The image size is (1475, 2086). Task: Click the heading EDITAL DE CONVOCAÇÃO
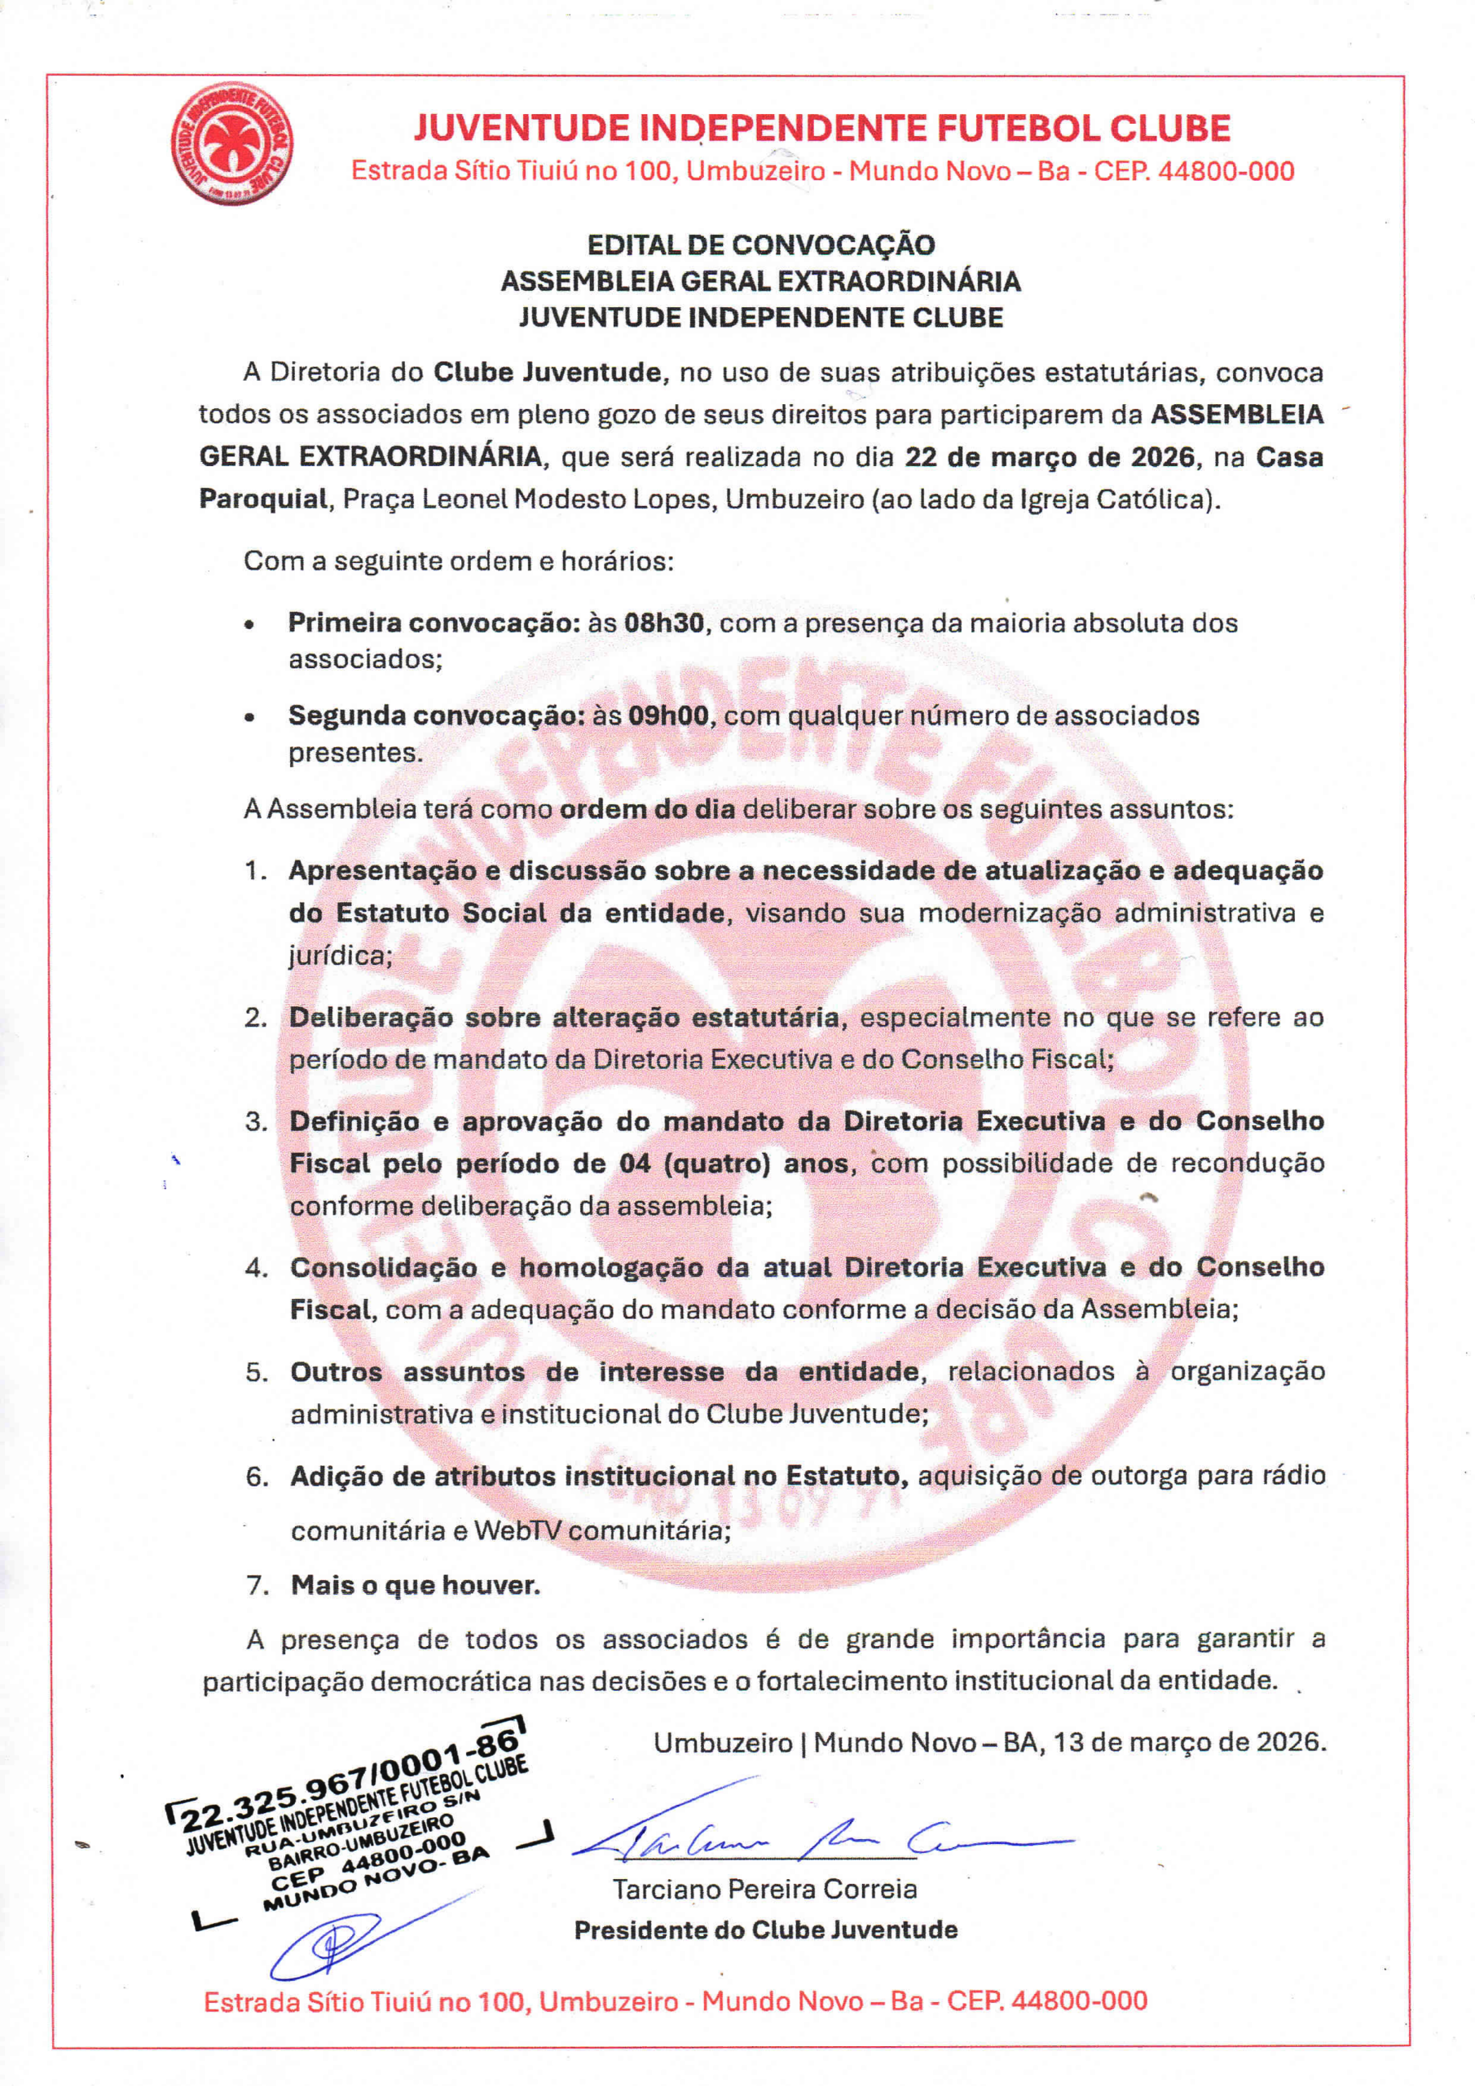(760, 245)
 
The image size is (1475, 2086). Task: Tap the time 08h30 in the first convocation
(663, 623)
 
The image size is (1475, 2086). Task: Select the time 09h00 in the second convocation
(668, 716)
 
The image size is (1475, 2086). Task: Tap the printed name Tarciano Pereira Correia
(764, 1890)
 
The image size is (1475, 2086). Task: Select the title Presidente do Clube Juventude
(765, 1930)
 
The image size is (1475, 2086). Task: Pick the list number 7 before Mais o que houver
(258, 1586)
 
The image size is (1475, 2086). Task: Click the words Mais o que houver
(416, 1586)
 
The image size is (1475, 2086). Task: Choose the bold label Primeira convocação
(434, 623)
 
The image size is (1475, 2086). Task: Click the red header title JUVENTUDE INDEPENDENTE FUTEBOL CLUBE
(821, 128)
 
